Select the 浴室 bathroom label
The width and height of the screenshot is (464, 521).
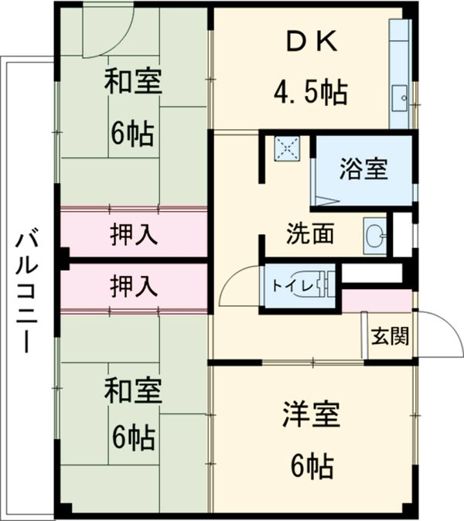[363, 170]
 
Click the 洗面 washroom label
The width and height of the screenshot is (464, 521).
[309, 233]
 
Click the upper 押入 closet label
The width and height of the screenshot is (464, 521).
[135, 233]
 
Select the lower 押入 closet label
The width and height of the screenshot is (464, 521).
[135, 285]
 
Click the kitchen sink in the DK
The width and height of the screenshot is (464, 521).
[401, 98]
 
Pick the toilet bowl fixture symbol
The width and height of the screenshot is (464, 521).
[327, 284]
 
